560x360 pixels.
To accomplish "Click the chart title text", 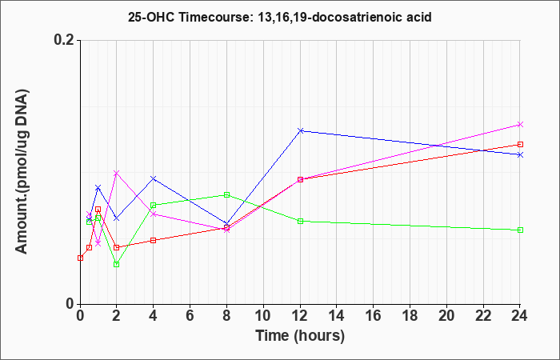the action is (280, 17).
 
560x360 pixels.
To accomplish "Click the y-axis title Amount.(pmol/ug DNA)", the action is (22, 171).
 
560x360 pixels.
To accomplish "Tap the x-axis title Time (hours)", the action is (300, 336).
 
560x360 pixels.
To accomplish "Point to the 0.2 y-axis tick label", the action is (65, 40).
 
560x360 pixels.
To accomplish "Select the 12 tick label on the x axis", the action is (300, 316).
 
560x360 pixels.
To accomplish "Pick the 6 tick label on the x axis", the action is (190, 316).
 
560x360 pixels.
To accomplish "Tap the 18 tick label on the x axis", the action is (410, 316).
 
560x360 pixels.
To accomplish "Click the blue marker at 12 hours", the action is (300, 130).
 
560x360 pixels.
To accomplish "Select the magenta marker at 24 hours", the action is (520, 124).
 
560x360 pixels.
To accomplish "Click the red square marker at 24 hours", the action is (520, 144).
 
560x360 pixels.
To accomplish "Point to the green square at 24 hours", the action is (520, 230).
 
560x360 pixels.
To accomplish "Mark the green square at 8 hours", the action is (226, 194).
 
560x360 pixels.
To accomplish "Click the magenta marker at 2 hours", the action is (117, 174).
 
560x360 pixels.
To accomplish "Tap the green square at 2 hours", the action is (117, 264).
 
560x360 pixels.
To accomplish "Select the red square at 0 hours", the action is (80, 258).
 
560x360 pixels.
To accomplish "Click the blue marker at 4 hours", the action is (154, 178).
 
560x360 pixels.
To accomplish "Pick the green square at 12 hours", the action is (300, 221).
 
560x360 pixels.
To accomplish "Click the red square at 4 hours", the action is (154, 240).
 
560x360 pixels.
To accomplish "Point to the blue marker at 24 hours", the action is (520, 154).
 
